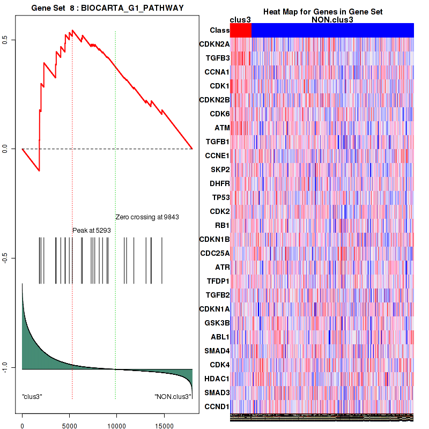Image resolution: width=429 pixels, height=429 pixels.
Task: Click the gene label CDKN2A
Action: [214, 44]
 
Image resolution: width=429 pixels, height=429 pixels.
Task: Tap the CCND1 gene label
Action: [217, 406]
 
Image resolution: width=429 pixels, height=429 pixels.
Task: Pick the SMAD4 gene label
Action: [217, 351]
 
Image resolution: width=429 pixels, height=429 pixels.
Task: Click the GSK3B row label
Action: [217, 323]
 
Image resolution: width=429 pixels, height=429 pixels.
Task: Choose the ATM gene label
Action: [222, 128]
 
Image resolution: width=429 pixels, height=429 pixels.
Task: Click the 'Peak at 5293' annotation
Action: [92, 230]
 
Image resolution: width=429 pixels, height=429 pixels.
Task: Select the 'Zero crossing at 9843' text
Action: [147, 217]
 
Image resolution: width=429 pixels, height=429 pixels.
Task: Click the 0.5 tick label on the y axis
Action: [4, 40]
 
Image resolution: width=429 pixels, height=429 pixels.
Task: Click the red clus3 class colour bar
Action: [241, 31]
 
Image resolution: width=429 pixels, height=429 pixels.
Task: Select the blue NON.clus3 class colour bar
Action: [332, 31]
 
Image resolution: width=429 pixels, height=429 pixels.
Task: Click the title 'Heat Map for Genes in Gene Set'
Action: [323, 12]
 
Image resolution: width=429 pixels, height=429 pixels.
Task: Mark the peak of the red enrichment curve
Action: [72, 31]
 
